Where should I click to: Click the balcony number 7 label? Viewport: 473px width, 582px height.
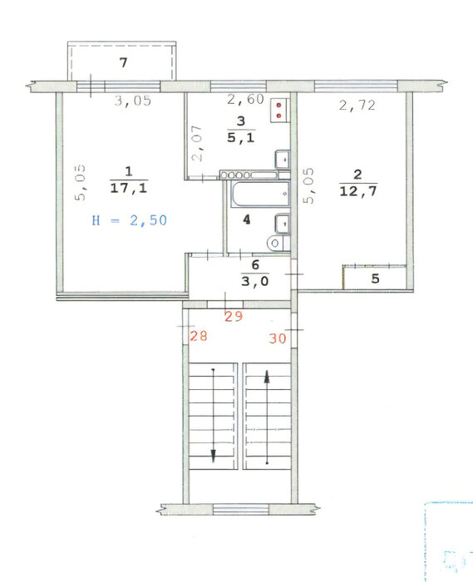pyautogui.click(x=124, y=62)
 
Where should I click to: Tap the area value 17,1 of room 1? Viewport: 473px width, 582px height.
pyautogui.click(x=129, y=188)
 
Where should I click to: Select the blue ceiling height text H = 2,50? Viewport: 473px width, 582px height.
pyautogui.click(x=130, y=220)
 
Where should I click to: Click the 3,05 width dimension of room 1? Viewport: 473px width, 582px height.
pyautogui.click(x=133, y=101)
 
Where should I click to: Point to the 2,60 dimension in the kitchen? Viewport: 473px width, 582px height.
pyautogui.click(x=245, y=99)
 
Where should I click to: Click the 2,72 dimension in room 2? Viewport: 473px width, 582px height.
pyautogui.click(x=357, y=106)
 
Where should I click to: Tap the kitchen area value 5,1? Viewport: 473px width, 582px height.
pyautogui.click(x=241, y=138)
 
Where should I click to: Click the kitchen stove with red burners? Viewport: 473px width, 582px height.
pyautogui.click(x=279, y=110)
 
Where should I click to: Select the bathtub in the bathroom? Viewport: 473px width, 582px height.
pyautogui.click(x=260, y=194)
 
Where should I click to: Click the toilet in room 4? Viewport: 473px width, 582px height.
pyautogui.click(x=278, y=243)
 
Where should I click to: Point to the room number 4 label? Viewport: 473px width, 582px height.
pyautogui.click(x=246, y=219)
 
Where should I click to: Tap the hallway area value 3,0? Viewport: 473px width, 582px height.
pyautogui.click(x=255, y=281)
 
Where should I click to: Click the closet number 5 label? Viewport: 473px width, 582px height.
pyautogui.click(x=375, y=279)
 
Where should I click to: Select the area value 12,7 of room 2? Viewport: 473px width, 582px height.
pyautogui.click(x=358, y=191)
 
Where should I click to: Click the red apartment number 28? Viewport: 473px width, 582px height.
pyautogui.click(x=199, y=336)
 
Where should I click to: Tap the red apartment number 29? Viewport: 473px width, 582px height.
pyautogui.click(x=234, y=316)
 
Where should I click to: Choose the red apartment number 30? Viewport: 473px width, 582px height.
pyautogui.click(x=278, y=338)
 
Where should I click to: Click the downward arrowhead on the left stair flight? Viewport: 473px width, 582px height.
pyautogui.click(x=214, y=456)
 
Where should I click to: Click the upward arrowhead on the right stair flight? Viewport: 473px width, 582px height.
pyautogui.click(x=267, y=377)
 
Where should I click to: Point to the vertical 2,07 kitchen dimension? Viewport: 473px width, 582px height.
pyautogui.click(x=197, y=143)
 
